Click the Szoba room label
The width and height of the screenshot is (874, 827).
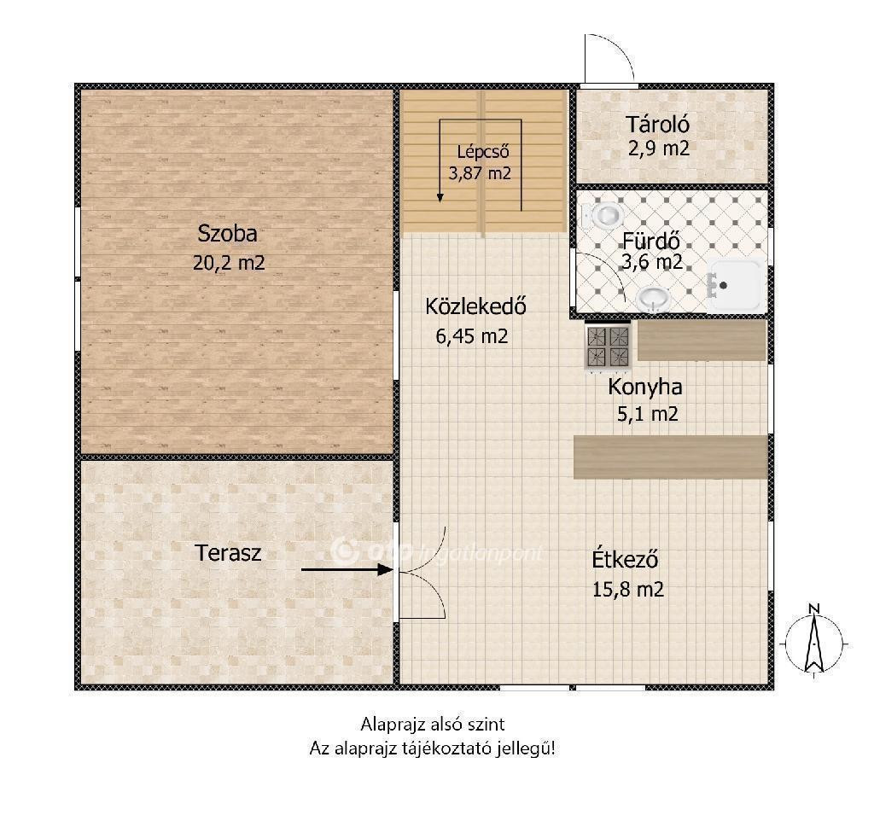[227, 234]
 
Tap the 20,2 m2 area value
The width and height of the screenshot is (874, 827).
[229, 262]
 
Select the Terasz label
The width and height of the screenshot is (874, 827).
[228, 553]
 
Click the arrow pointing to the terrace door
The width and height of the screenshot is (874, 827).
[347, 569]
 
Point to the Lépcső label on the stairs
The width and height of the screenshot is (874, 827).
[483, 151]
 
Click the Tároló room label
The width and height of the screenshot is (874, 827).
[657, 125]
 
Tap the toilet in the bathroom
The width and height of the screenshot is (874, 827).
[602, 214]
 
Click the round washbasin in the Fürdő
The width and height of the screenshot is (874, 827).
[653, 300]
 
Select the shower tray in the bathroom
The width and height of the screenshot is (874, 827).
[737, 285]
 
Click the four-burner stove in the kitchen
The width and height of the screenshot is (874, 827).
[608, 346]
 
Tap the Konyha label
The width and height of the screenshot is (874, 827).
[645, 387]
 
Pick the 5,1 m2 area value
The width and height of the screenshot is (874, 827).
[647, 414]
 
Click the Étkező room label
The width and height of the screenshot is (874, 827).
[625, 559]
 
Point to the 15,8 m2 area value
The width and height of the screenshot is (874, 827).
[627, 589]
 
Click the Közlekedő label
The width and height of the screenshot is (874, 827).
[475, 306]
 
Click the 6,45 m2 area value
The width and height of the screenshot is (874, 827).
[471, 336]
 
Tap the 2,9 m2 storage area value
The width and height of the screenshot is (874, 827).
[659, 149]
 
